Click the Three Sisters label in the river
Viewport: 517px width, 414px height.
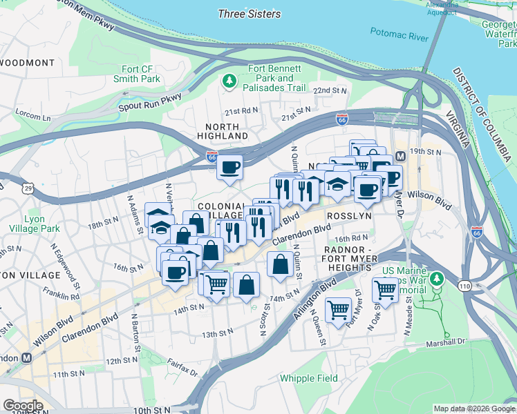(249, 14)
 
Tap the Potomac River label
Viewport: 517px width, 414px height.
(399, 34)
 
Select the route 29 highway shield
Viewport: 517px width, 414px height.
(28, 188)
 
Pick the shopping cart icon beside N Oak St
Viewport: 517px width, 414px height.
(385, 289)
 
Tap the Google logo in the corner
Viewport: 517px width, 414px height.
(23, 406)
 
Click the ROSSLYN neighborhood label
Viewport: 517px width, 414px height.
(349, 215)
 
